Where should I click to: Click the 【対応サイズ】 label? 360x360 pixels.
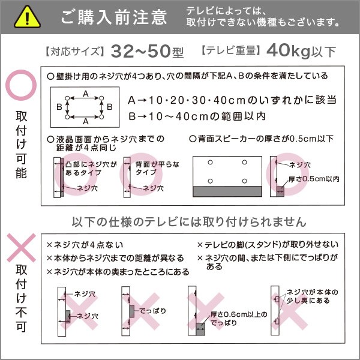coord(74,51)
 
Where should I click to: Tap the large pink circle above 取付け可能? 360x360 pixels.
coord(22,88)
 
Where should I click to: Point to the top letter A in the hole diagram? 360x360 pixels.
coord(86,94)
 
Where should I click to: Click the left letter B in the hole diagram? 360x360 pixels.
coord(59,107)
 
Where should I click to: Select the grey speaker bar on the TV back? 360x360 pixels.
coord(227,191)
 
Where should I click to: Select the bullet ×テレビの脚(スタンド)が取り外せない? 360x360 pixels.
coord(268,245)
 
